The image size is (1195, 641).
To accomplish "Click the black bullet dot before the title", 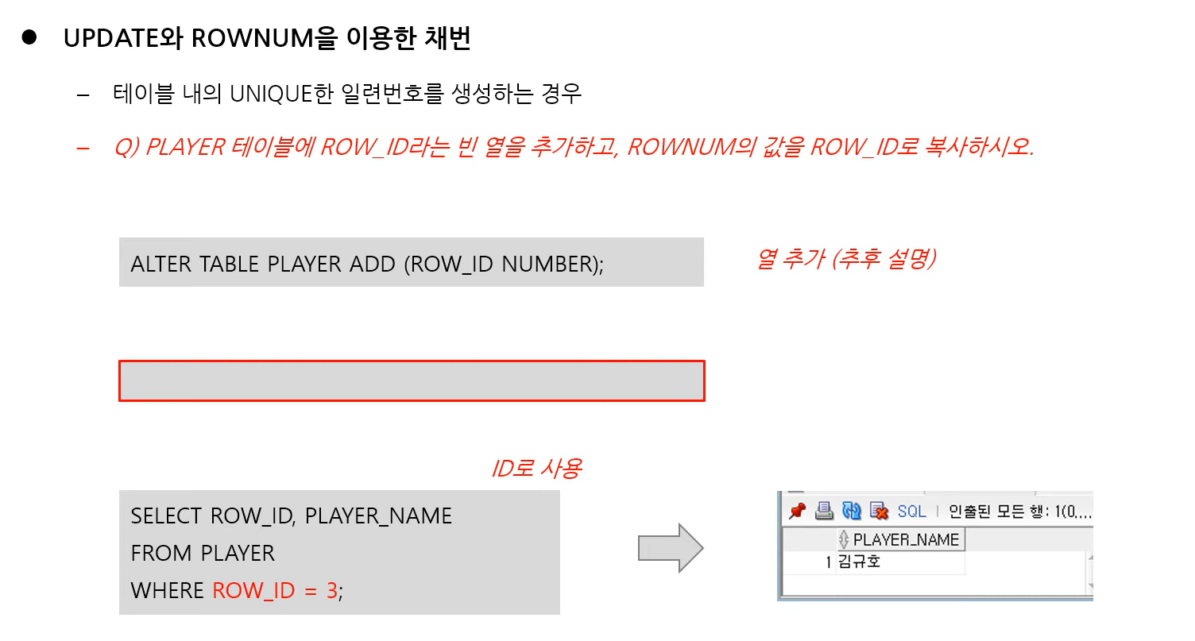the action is click(29, 38).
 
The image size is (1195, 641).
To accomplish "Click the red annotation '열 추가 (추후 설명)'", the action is click(845, 259).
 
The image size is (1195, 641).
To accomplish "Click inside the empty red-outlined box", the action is click(412, 381).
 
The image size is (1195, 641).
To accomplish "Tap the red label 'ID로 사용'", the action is click(536, 469).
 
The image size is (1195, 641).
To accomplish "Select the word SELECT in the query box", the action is click(166, 516).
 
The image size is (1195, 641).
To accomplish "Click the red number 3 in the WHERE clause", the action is click(332, 591).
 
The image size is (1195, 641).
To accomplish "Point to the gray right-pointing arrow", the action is click(671, 548).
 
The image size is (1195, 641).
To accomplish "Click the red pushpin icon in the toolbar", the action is click(798, 511).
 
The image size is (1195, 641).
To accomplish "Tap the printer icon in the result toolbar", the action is click(825, 511).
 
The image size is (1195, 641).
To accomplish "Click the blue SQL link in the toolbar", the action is click(911, 512).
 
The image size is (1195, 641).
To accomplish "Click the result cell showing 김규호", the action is click(859, 562).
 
